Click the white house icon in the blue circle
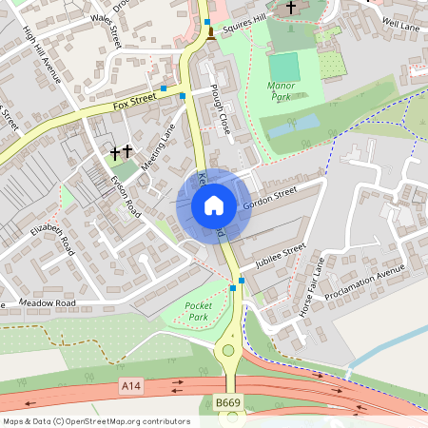pos(213,204)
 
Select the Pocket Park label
pos(197,311)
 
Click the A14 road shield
pos(131,385)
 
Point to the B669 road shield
pos(227,404)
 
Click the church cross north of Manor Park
pos(291,8)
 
